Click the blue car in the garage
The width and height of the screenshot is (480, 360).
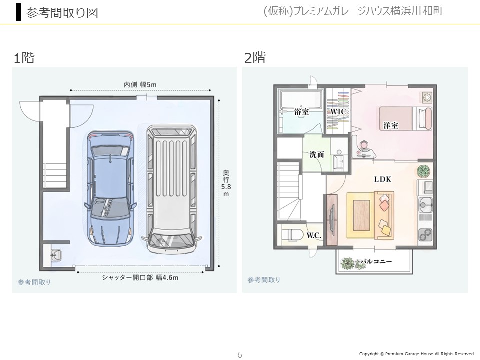[x=110, y=188]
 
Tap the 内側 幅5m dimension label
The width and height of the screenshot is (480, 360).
[x=140, y=85]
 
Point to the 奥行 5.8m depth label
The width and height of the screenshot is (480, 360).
[x=226, y=183]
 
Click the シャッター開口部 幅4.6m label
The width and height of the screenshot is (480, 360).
[x=140, y=278]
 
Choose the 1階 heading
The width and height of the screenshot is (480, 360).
[x=24, y=58]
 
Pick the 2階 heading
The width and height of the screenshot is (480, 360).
[x=255, y=57]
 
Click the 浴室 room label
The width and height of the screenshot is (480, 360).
[x=301, y=111]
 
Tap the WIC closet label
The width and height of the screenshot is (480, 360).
[x=338, y=112]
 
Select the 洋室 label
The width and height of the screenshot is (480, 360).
[x=391, y=125]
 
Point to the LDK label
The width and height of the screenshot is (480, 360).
[x=383, y=179]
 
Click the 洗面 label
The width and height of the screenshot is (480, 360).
[x=317, y=155]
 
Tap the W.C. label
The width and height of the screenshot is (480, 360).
[x=314, y=235]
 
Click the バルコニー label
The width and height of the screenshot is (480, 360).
[x=376, y=261]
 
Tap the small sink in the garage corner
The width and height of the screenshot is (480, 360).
[x=55, y=255]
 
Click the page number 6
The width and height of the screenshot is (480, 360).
[x=240, y=355]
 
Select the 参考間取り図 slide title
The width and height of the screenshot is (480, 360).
[x=62, y=13]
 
